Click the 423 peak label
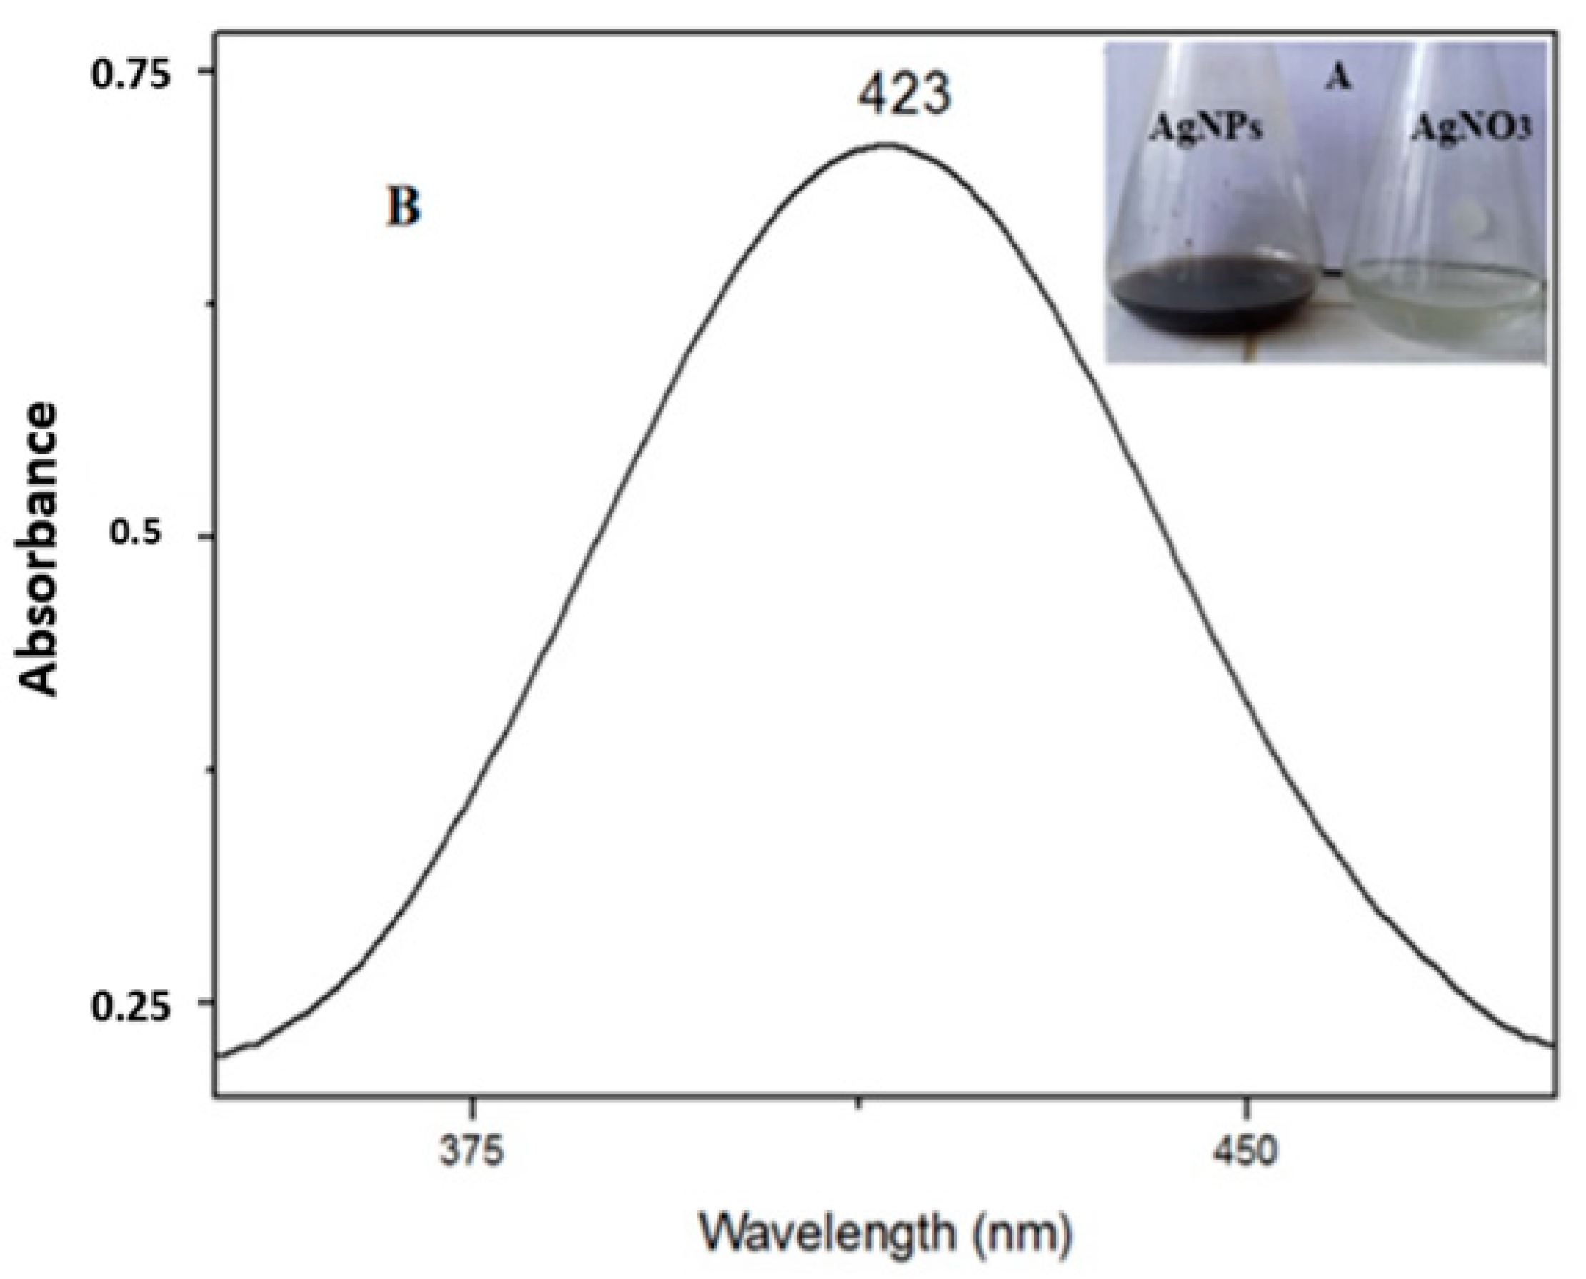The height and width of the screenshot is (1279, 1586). pos(904,96)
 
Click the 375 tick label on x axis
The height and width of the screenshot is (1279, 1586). pos(472,1153)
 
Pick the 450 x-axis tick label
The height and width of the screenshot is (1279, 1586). pos(1245,1153)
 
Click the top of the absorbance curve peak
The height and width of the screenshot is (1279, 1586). pos(886,144)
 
